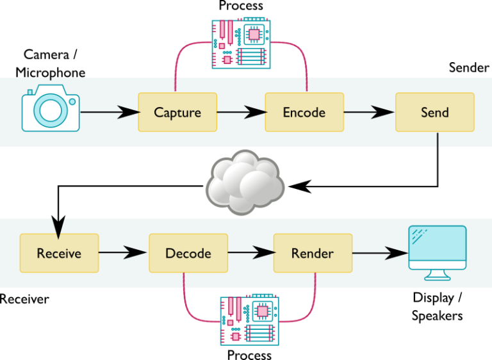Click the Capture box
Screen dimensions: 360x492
point(177,112)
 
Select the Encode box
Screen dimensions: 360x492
point(304,112)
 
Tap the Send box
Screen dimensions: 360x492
point(434,112)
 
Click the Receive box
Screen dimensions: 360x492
point(59,253)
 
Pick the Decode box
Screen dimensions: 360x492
point(188,253)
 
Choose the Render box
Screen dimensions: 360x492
point(313,253)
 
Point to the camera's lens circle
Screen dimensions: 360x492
point(50,111)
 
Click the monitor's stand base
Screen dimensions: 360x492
point(438,277)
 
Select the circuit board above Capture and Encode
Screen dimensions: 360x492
point(241,44)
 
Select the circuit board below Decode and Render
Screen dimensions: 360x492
point(249,320)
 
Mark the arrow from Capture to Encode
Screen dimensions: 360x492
point(240,113)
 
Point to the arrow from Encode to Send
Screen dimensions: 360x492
point(369,113)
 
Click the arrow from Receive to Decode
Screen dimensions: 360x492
point(123,253)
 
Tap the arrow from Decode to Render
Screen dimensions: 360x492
point(250,253)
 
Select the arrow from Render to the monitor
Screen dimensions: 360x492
point(380,254)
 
